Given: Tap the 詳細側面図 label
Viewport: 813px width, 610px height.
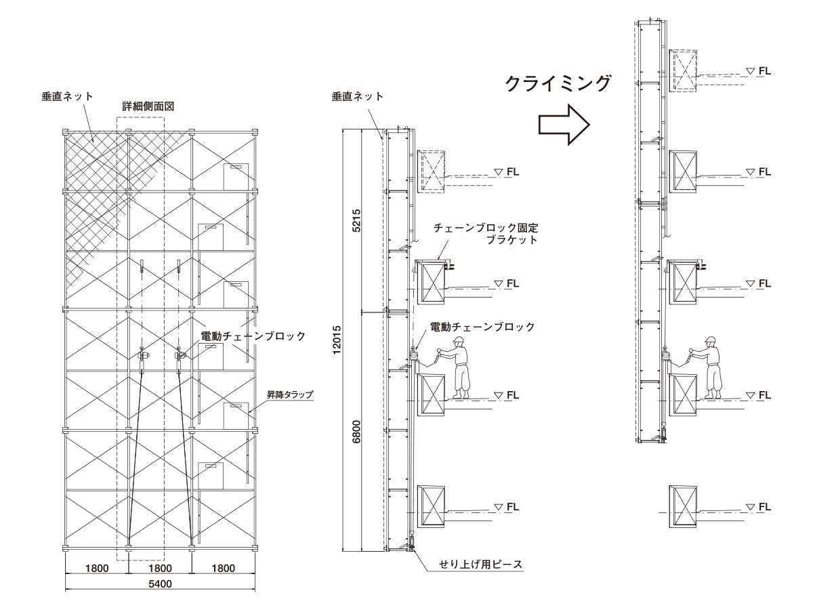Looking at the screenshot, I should tap(140, 107).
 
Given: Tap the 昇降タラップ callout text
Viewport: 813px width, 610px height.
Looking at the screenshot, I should tap(287, 392).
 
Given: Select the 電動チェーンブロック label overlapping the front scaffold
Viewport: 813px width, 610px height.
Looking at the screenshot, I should tap(253, 335).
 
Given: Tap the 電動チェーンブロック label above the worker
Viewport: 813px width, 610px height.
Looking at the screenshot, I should tap(482, 326).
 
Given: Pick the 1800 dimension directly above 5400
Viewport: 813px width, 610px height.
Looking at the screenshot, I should tap(160, 568).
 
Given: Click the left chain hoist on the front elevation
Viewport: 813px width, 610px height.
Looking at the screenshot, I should tap(142, 355).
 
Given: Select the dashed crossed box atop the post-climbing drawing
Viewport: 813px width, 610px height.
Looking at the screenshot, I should tap(683, 70).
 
